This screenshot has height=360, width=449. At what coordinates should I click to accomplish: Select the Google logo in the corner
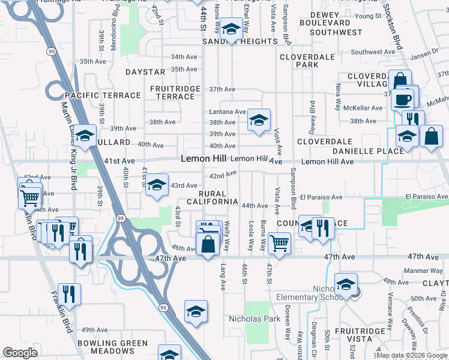[x=20, y=353]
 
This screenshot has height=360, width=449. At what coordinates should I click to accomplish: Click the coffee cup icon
[x=403, y=99]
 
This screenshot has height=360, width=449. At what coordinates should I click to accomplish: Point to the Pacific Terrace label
[x=94, y=95]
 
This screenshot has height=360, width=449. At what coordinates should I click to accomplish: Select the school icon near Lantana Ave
[x=259, y=121]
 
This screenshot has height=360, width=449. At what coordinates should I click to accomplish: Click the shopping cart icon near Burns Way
[x=279, y=243]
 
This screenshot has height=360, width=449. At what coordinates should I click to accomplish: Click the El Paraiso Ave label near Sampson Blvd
[x=321, y=197]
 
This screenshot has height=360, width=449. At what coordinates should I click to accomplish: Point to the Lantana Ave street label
[x=227, y=112]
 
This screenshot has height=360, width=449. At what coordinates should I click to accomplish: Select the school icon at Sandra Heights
[x=230, y=29]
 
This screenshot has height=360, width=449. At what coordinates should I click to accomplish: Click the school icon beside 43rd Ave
[x=157, y=186]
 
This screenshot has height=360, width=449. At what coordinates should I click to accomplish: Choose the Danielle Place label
[x=369, y=151]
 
